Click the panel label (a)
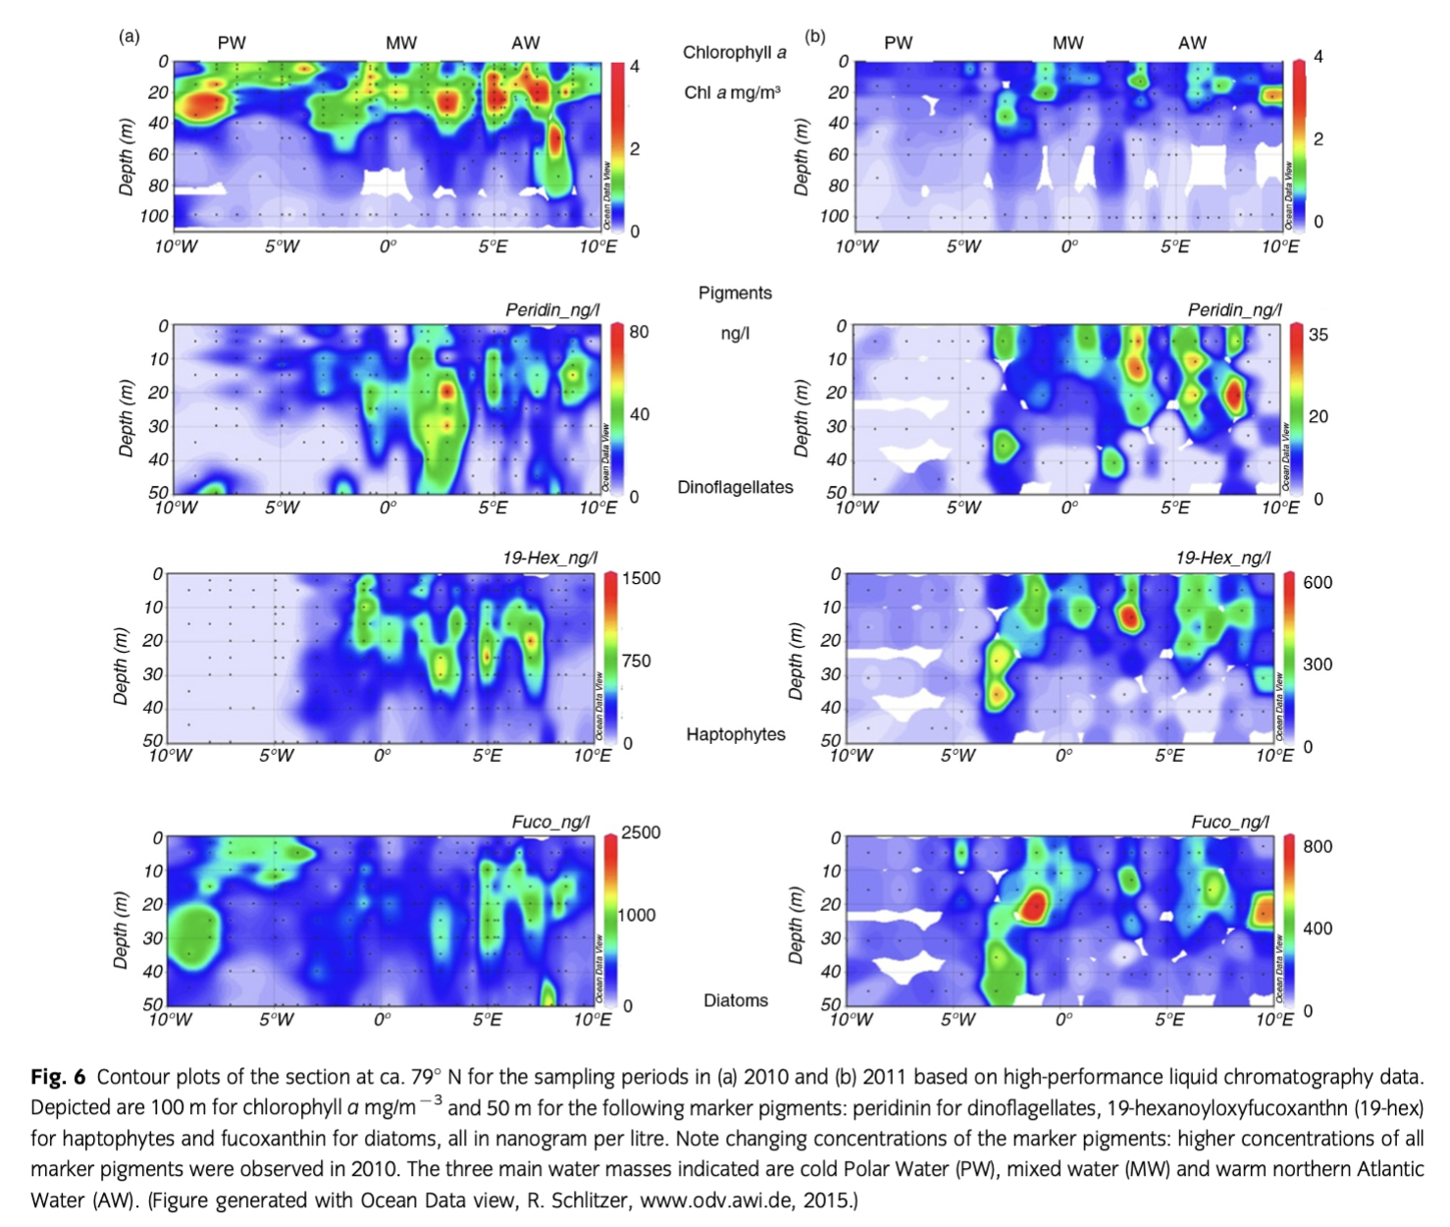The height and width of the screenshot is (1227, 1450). point(129,37)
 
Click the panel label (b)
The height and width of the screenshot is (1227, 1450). point(814,37)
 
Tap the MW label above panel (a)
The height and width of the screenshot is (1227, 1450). point(400,43)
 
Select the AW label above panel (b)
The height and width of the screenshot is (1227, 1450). point(1192,43)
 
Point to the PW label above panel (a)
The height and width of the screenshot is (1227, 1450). point(232,43)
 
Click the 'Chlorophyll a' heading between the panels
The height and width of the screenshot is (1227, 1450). point(734,53)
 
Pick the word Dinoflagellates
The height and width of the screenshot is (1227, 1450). point(735,487)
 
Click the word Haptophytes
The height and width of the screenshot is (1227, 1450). point(735,734)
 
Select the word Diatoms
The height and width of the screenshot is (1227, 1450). point(735,1000)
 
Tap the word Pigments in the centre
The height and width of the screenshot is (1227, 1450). point(735,293)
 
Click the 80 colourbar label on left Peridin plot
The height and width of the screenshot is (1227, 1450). point(639,332)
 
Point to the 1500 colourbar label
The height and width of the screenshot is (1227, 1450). point(641,578)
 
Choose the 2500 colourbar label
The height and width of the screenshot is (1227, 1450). point(641,832)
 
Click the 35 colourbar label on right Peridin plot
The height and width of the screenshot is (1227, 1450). point(1318,335)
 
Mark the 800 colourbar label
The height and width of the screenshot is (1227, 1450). point(1318,846)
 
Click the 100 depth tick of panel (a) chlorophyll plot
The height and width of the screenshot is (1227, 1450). point(153,216)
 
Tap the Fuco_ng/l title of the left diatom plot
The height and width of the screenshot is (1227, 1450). point(550,822)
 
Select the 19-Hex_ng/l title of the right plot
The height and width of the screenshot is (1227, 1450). point(1222,558)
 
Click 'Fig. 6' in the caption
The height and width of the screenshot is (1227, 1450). point(58,1077)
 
